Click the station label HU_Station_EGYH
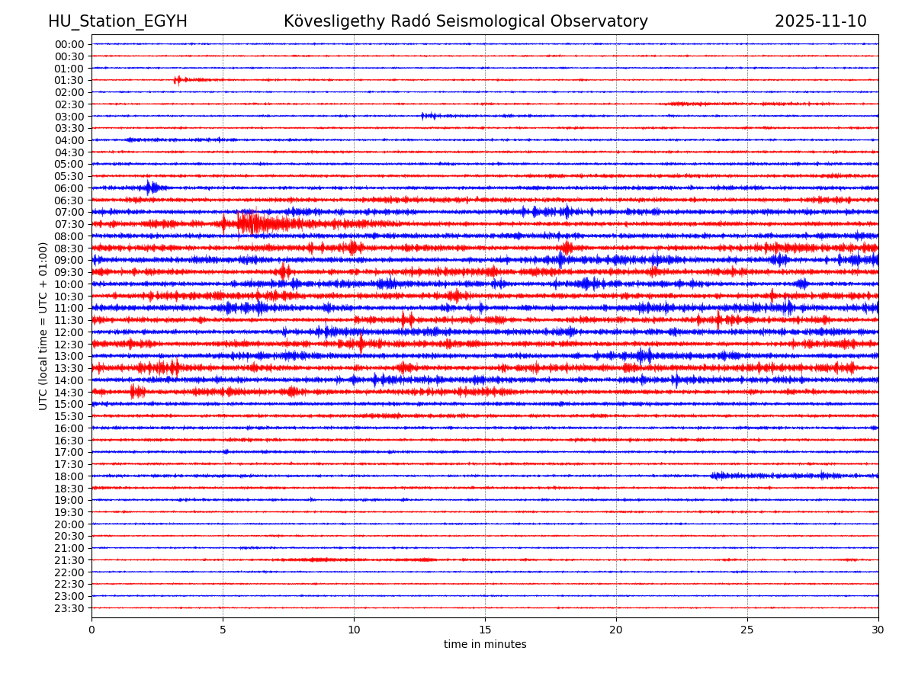[x=117, y=21]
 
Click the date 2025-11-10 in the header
[x=820, y=21]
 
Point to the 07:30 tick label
[x=69, y=224]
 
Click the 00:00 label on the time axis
[x=69, y=44]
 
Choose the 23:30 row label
[x=69, y=608]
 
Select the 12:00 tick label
[x=69, y=332]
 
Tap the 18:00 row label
[x=69, y=476]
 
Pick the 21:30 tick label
[x=69, y=560]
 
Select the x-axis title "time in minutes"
[x=485, y=645]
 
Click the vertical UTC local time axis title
[x=43, y=325]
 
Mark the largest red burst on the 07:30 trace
[x=252, y=223]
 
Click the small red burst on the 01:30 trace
[x=178, y=80]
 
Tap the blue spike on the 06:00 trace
[x=150, y=188]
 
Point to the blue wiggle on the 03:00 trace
[x=429, y=116]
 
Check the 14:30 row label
[x=69, y=392]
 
